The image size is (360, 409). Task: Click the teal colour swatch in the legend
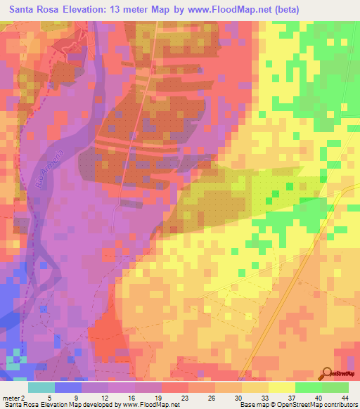[x=41, y=387]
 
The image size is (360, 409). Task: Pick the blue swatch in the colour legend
[x=67, y=387]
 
